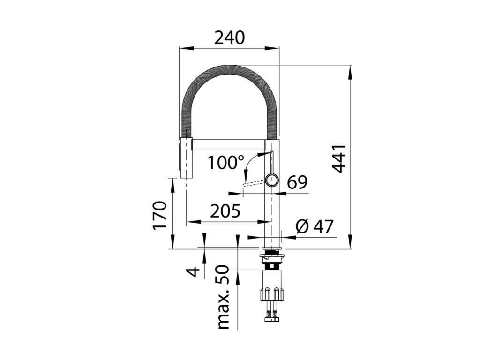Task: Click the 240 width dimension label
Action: [229, 37]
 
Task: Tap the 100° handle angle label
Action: [226, 162]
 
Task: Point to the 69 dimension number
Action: [297, 182]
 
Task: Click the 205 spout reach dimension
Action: [225, 211]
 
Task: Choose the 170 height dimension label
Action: [160, 215]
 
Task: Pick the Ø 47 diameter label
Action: [315, 226]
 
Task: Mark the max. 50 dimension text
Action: [223, 297]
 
